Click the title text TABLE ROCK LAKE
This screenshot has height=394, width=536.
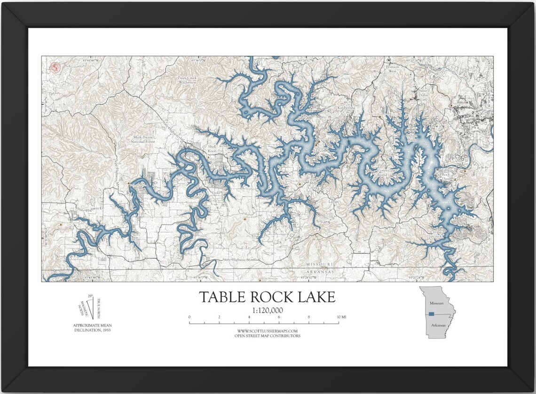pos(267,297)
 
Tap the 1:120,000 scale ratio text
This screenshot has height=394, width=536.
pos(267,310)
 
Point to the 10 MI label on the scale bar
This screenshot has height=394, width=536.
pos(341,317)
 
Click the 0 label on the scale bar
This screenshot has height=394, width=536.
pos(189,317)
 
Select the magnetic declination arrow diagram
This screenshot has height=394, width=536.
pos(87,308)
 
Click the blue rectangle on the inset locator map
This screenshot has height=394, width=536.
pos(431,314)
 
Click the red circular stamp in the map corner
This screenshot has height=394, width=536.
pos(55,68)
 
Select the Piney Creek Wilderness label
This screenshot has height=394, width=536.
pos(187,80)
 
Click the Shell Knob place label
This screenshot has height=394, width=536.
pos(213,149)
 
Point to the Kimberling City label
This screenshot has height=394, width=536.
pos(347,110)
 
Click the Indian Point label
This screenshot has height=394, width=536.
pos(411,138)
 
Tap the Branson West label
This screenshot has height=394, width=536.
pos(392,69)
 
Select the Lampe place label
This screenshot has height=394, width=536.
pos(334,201)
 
